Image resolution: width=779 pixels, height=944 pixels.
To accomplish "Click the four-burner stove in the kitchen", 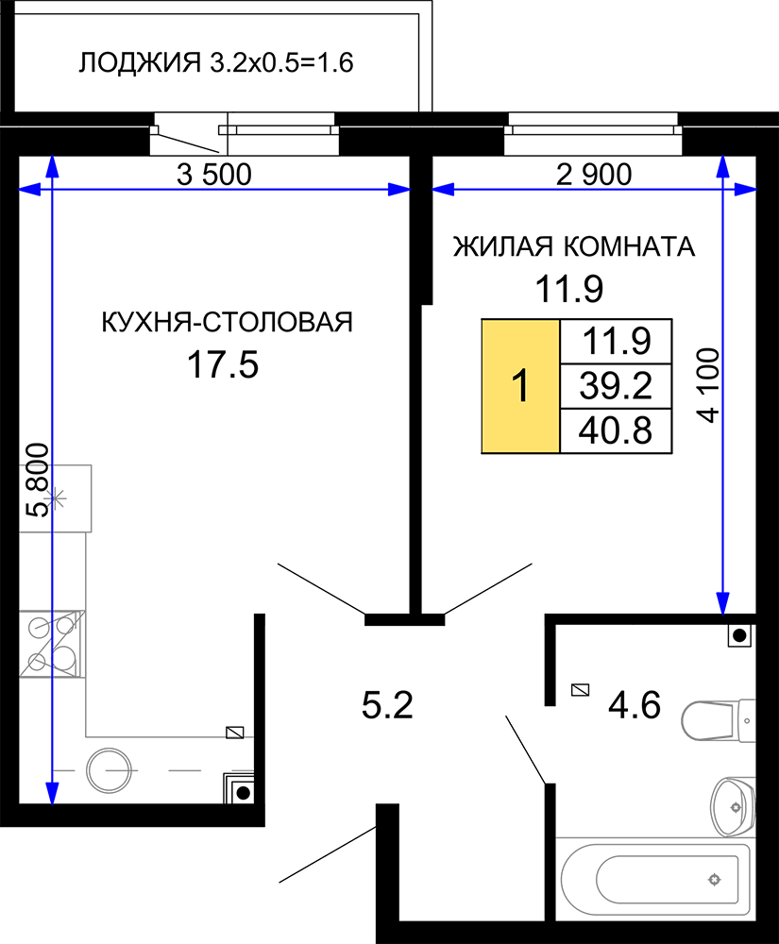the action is click(x=52, y=644).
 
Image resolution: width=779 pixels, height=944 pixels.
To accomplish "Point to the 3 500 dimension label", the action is click(x=214, y=175).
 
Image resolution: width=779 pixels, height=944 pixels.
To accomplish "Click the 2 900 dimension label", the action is click(x=594, y=175).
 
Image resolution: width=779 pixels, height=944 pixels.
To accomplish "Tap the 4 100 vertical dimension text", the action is click(x=709, y=385).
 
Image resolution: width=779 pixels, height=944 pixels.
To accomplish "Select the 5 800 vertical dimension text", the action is click(x=38, y=480).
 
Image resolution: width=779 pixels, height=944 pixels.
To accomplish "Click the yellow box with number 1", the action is click(x=520, y=386).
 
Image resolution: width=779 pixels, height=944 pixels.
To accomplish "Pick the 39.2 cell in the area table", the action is click(x=616, y=386).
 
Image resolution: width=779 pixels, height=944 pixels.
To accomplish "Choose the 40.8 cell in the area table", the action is click(x=616, y=431).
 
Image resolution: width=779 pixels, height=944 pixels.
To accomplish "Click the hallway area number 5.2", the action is click(x=387, y=705).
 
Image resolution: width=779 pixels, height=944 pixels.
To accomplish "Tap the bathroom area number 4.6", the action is click(x=635, y=705).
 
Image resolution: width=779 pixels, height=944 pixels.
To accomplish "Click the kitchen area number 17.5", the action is click(x=223, y=364).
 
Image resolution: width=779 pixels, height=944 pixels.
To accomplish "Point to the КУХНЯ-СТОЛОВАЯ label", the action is click(x=227, y=322).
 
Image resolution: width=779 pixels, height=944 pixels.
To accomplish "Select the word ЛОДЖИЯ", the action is click(x=140, y=63).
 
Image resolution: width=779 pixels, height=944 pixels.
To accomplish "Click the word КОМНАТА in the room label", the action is click(x=629, y=246).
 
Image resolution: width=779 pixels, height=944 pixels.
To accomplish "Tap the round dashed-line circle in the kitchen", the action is click(x=109, y=770).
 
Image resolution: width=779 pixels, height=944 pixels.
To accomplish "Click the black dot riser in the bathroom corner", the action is click(x=740, y=635).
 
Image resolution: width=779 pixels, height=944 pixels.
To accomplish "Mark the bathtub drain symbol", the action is click(x=714, y=880).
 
